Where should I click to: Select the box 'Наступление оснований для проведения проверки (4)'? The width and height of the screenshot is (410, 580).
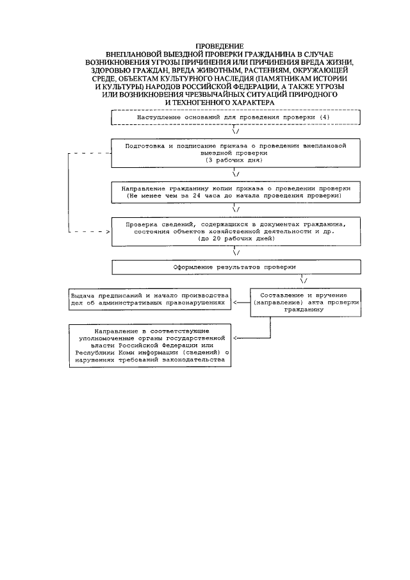[236, 118]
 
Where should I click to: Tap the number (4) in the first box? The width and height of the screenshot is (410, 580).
[325, 118]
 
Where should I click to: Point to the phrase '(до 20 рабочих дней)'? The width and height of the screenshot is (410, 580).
[235, 238]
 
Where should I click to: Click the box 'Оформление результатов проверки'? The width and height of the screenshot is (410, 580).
[236, 265]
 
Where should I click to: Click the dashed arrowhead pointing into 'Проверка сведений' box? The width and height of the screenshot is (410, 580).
[106, 231]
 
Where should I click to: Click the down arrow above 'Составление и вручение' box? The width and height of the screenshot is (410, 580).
[303, 280]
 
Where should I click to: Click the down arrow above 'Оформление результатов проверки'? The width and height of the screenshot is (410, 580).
[236, 252]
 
